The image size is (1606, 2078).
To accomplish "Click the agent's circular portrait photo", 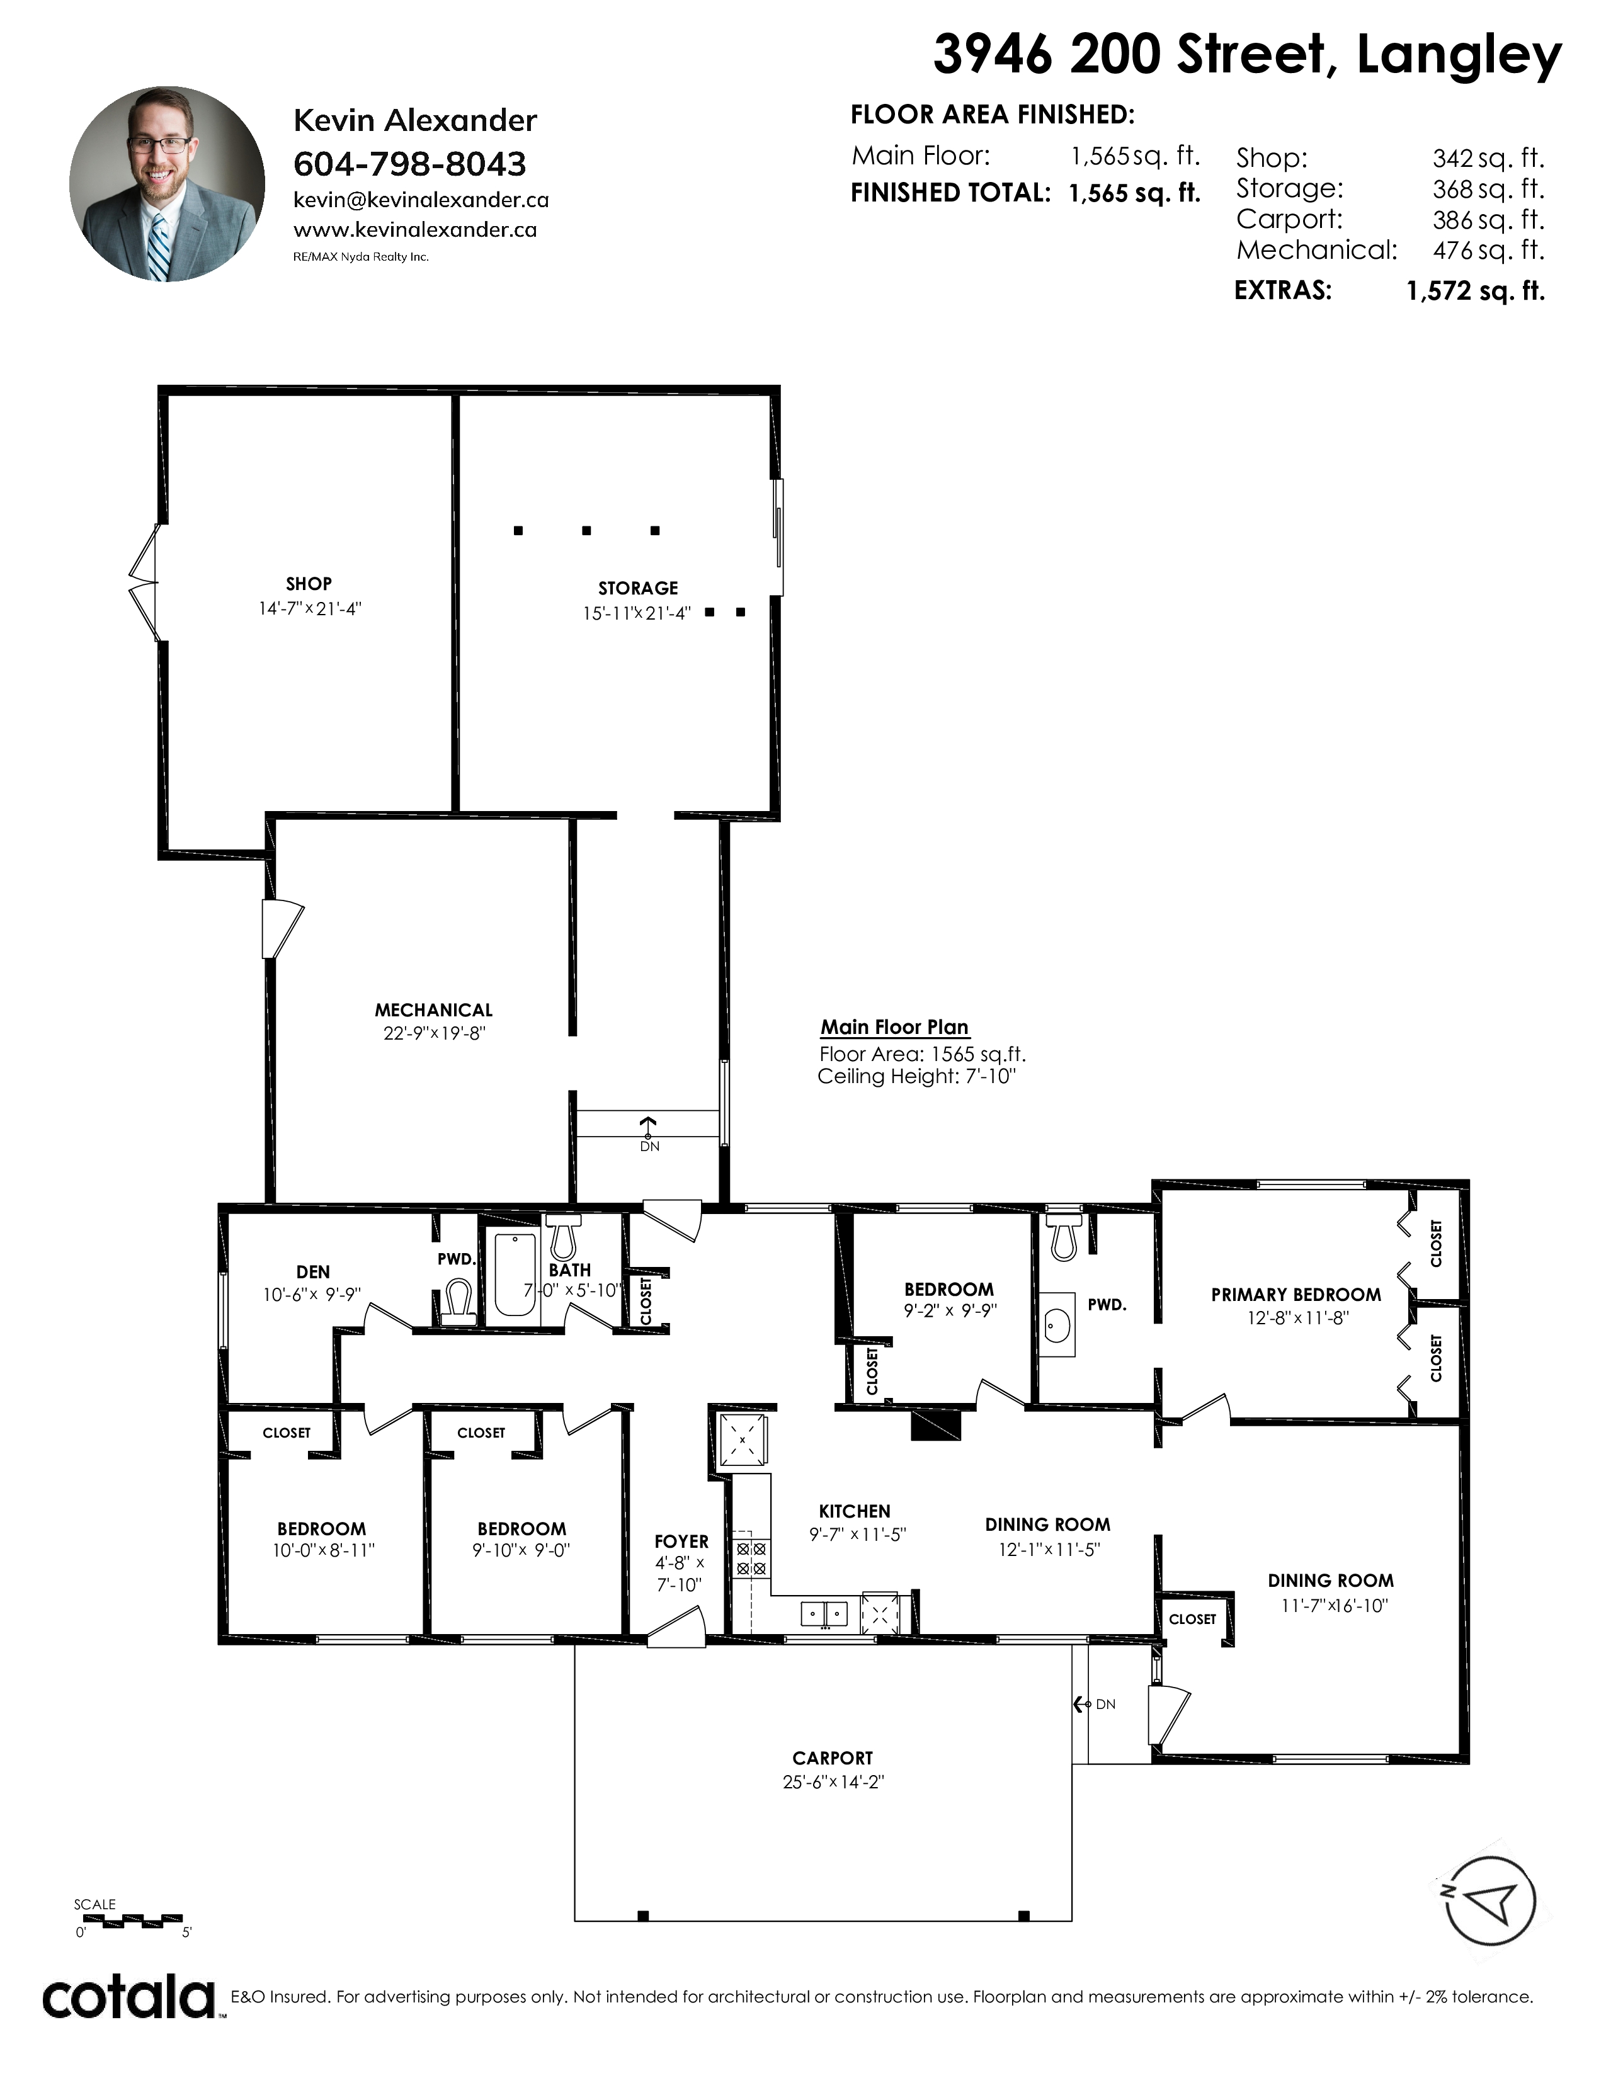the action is pos(168,184).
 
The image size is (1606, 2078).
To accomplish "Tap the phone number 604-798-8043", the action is pos(409,164).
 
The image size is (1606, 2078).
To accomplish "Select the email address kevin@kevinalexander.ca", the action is pos(421,200).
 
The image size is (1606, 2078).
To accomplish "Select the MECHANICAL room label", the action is pos(434,1009).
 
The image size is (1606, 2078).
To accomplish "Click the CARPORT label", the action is pos(833,1758).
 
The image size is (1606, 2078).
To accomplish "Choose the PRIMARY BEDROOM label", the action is pos(1296,1294).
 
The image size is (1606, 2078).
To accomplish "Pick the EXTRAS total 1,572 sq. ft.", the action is pos(1476,290).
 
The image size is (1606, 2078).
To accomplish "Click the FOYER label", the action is pos(681,1541).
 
